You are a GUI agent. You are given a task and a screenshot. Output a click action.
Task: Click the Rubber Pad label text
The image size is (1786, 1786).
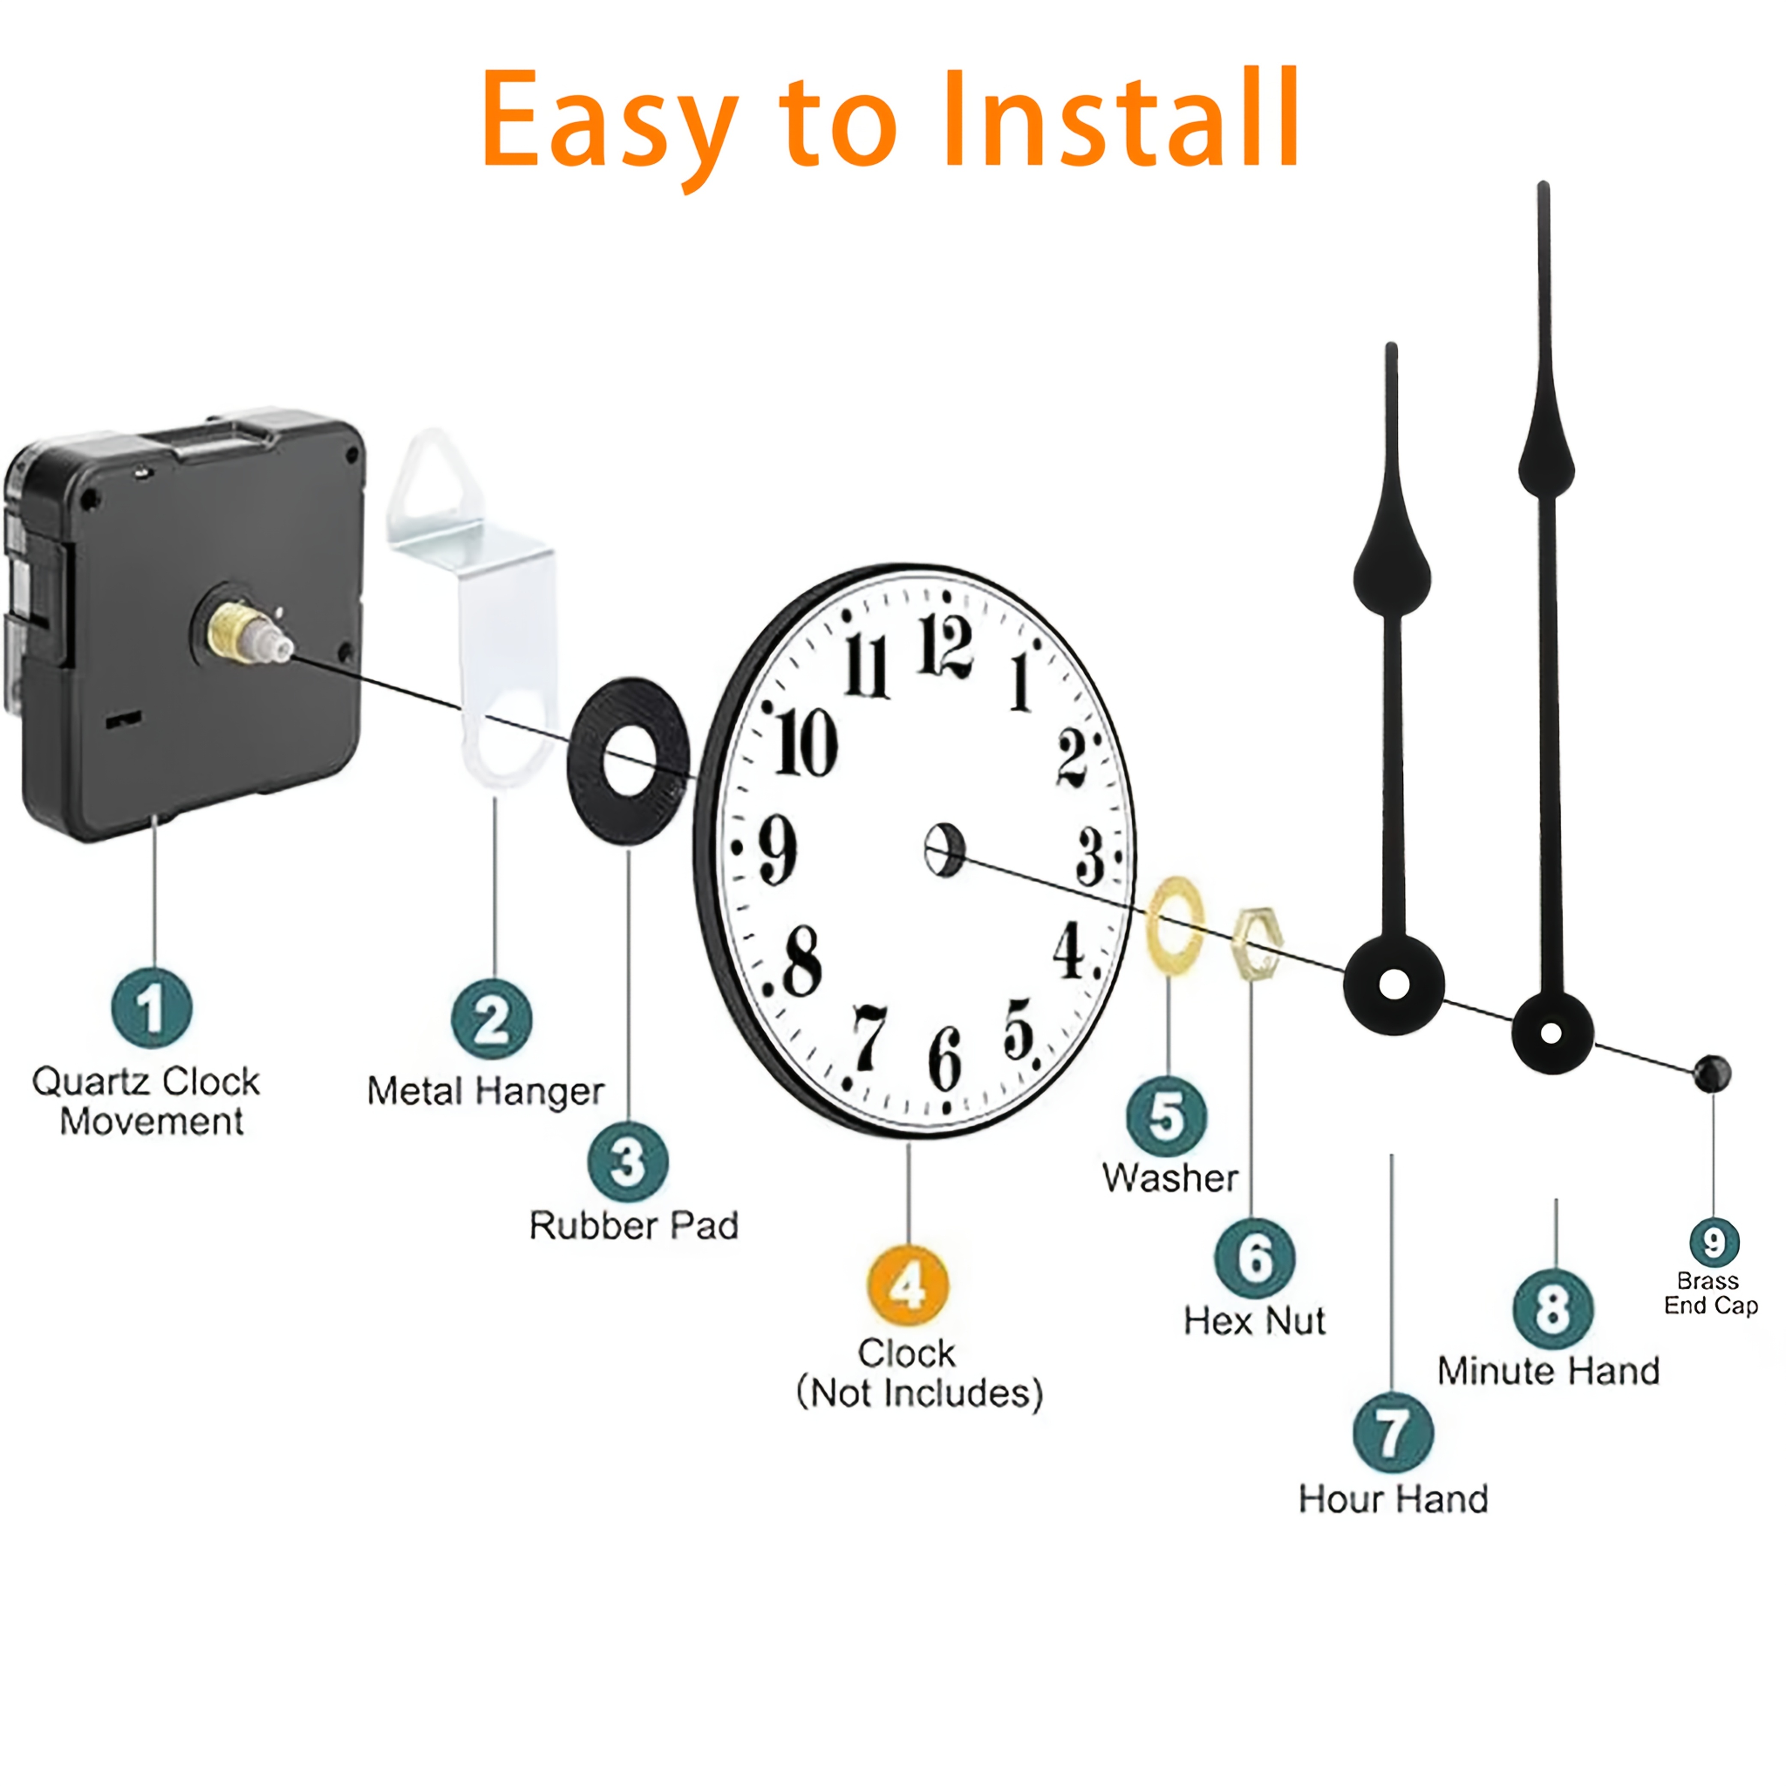pyautogui.click(x=634, y=1226)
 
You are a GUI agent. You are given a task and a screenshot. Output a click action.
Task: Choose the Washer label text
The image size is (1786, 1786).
pyautogui.click(x=1171, y=1178)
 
